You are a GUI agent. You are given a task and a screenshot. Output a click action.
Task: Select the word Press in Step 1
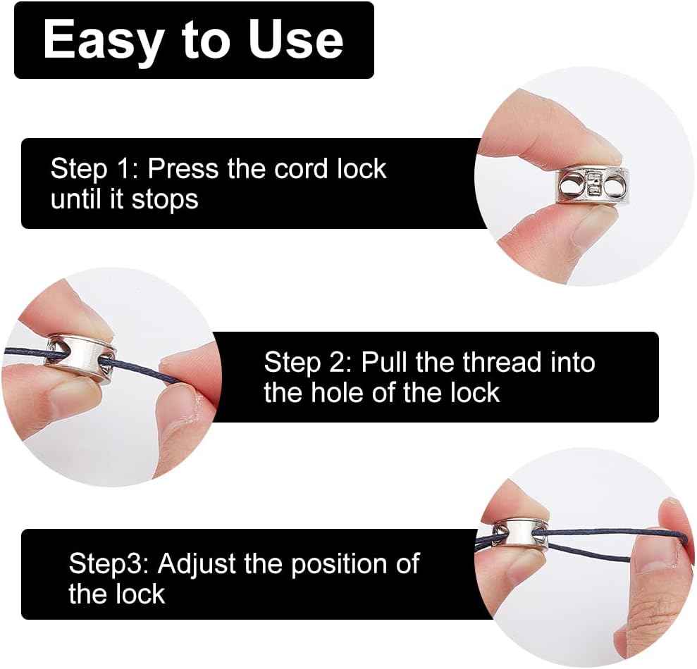[x=183, y=169]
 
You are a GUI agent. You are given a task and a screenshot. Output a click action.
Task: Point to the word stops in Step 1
[x=166, y=199]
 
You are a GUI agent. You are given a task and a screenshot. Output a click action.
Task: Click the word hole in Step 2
[x=338, y=393]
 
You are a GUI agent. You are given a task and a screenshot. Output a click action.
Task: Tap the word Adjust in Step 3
[x=197, y=564]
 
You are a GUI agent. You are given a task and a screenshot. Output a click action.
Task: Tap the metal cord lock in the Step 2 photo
[x=80, y=353]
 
